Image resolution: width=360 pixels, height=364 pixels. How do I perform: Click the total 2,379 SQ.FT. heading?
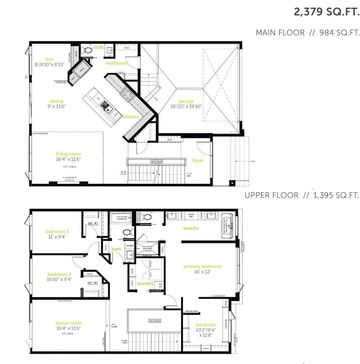[x=326, y=12]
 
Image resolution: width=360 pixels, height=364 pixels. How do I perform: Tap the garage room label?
[x=186, y=101]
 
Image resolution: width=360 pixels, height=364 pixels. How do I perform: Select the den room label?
[x=49, y=59]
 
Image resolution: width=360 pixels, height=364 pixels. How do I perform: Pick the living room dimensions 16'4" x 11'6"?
[x=68, y=159]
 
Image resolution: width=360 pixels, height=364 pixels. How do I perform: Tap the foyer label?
[x=197, y=160]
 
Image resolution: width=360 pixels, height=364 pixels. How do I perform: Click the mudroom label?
[x=116, y=63]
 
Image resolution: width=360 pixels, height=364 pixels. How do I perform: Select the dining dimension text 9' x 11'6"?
[x=57, y=106]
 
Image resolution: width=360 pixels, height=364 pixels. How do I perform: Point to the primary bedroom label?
[x=202, y=266]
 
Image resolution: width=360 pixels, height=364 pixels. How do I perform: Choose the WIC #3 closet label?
[x=93, y=283]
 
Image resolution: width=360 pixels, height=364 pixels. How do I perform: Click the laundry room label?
[x=145, y=284]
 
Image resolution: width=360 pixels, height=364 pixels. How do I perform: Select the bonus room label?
[x=68, y=323]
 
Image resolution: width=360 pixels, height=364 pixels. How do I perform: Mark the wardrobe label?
[x=206, y=325]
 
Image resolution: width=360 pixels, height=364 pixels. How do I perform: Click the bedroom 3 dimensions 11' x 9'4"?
[x=57, y=237]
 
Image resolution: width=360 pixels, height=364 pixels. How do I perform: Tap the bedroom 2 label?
[x=59, y=274]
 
